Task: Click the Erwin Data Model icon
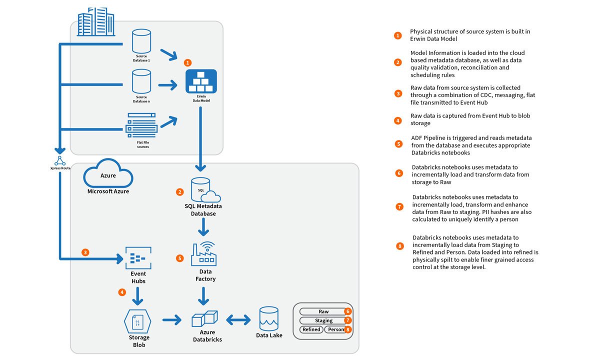tap(201, 81)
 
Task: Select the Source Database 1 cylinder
tap(141, 41)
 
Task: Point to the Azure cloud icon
tap(108, 175)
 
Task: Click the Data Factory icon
tap(204, 254)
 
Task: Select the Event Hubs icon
tap(138, 258)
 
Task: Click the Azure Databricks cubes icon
tap(205, 318)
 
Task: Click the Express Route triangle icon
tap(60, 160)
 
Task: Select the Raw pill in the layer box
tap(323, 311)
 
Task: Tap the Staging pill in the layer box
tap(323, 320)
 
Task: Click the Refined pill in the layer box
tap(311, 329)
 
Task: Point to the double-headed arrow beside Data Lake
tap(238, 319)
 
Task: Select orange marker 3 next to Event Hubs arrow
tap(85, 252)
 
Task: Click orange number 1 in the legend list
tap(397, 35)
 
